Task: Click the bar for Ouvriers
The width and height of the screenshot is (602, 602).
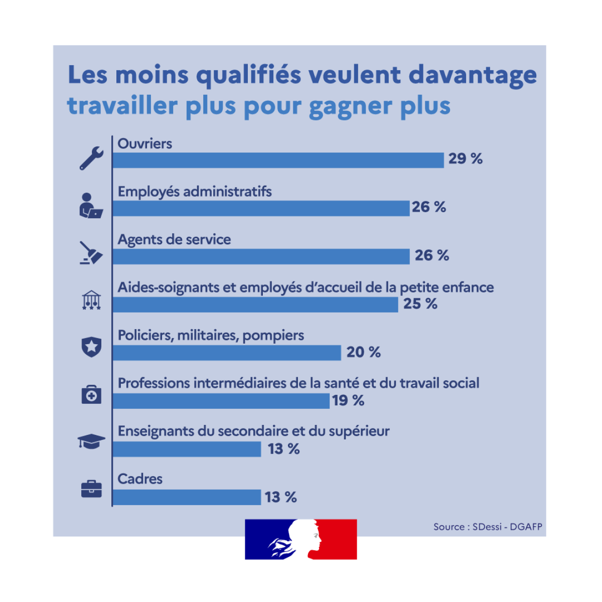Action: tap(278, 160)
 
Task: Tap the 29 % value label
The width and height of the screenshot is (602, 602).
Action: tap(465, 159)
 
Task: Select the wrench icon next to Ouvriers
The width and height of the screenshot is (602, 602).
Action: tap(91, 159)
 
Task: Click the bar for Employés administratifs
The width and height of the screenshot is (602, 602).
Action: tap(261, 208)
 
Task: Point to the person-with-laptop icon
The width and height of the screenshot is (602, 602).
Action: tap(91, 206)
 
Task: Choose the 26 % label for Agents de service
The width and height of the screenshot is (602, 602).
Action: tap(431, 255)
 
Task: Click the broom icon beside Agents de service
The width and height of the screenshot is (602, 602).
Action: tap(91, 253)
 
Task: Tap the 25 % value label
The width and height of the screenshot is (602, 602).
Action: tap(420, 304)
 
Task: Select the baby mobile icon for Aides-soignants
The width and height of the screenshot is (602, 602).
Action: tap(91, 300)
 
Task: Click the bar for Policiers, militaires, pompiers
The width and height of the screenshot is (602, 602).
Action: tap(227, 353)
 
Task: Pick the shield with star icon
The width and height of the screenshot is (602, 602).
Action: tap(91, 347)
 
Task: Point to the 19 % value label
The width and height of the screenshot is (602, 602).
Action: tap(348, 400)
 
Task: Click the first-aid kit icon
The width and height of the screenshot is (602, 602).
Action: tap(91, 394)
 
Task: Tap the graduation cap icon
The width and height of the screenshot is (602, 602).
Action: tap(91, 441)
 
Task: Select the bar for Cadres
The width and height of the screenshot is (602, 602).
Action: tap(187, 497)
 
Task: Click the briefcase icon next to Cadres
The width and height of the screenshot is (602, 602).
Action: tap(91, 489)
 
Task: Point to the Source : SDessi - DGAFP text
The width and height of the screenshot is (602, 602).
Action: tap(488, 527)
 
